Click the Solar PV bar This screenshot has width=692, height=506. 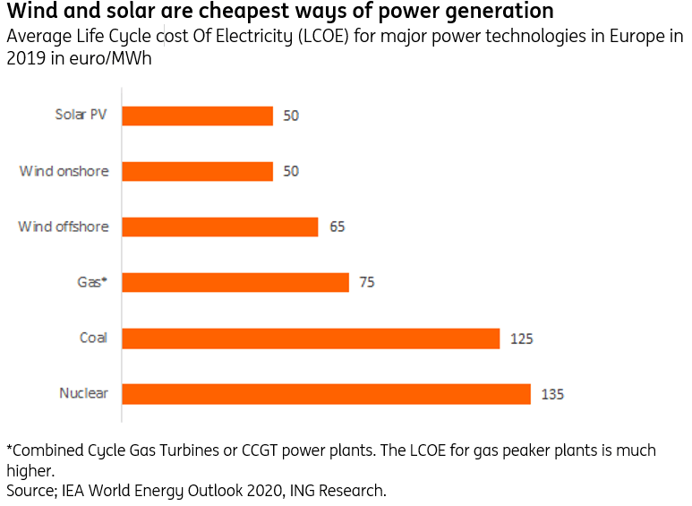tap(197, 116)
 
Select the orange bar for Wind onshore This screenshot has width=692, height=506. tap(197, 171)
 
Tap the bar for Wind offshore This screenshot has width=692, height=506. tap(219, 227)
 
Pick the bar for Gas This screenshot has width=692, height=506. tap(235, 282)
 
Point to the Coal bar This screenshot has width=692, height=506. tap(310, 339)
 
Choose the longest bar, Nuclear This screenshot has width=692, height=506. tap(326, 394)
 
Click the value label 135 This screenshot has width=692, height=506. tap(552, 394)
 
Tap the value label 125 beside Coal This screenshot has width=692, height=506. tap(521, 339)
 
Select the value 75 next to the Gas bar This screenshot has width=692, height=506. tap(366, 282)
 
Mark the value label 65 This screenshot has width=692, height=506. tap(337, 227)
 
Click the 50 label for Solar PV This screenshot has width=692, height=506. tap(290, 116)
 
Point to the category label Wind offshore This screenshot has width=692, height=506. tap(64, 227)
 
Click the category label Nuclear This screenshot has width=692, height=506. tap(83, 393)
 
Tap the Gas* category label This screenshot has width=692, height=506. tap(92, 282)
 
